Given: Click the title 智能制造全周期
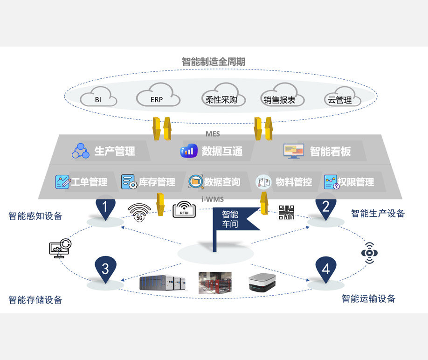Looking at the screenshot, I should coord(214,62).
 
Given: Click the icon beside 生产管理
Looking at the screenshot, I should coord(80,151).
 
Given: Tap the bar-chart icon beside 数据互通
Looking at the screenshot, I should coord(189,151).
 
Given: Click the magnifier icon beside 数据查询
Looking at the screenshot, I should coord(195,181).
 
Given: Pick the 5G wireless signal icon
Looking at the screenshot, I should coord(139,211).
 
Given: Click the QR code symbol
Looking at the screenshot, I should coord(286,212).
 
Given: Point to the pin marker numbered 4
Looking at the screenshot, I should coord(325,269).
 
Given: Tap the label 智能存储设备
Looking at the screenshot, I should coord(35,300).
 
